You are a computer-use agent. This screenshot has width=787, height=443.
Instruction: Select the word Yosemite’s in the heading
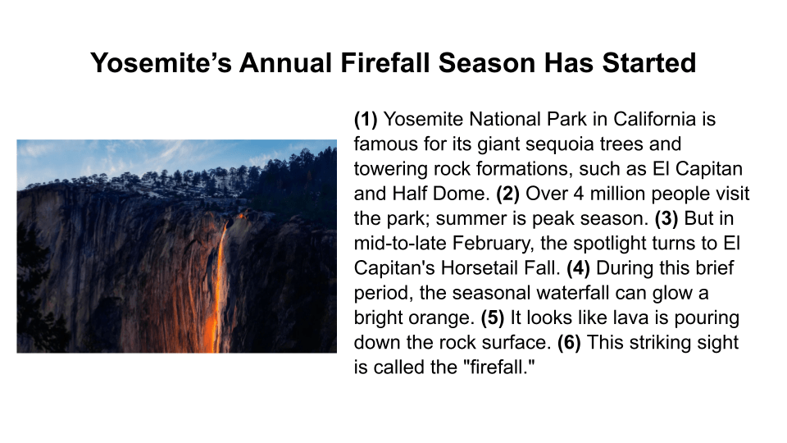pos(161,63)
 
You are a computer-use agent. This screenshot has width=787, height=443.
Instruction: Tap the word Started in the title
pos(649,63)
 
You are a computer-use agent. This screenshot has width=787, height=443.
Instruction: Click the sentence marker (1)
pos(366,120)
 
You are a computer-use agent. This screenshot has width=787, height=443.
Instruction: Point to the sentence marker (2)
pos(508,194)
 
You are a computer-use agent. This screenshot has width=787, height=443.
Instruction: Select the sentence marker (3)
pos(666,218)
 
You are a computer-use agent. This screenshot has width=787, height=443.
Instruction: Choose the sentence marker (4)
pos(578,268)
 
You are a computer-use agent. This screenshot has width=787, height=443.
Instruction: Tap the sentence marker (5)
pos(493,318)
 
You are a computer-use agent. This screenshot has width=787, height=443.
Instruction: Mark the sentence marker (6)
pos(569,343)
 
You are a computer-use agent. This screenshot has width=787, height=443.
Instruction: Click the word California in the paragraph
pos(654,120)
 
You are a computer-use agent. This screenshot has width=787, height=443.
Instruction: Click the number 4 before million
pos(579,194)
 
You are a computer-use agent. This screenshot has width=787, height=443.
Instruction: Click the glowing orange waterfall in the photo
pos(217,290)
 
